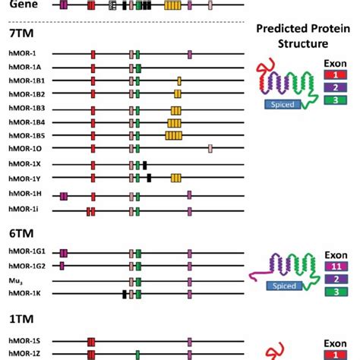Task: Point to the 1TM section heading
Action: point(17,321)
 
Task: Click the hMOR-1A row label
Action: point(24,68)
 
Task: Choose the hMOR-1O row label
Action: point(24,148)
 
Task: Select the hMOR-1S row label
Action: point(24,342)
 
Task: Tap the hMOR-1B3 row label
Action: point(27,108)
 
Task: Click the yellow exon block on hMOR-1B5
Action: point(174,135)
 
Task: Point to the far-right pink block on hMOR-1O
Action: point(210,148)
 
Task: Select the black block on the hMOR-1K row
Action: point(124,293)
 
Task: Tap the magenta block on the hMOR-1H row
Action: point(64,196)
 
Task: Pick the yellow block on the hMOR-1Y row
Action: point(176,178)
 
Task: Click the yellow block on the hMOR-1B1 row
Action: point(179,81)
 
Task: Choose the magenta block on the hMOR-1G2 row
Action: point(62,265)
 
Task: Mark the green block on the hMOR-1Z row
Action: point(137,354)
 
